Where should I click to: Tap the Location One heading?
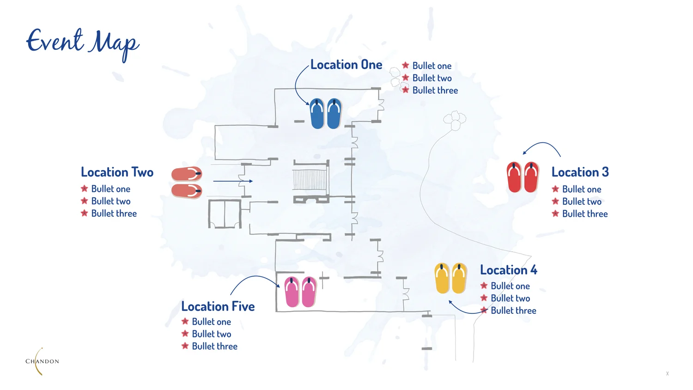click(346, 65)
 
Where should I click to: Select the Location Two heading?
click(117, 172)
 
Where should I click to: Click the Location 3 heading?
click(580, 172)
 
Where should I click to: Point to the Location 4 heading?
click(508, 270)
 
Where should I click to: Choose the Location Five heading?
click(218, 306)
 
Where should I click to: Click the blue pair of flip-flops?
click(325, 114)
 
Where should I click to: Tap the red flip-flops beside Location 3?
click(523, 177)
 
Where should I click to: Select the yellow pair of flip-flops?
click(450, 278)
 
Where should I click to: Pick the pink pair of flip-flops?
click(300, 292)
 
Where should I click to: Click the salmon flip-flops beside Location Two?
click(187, 183)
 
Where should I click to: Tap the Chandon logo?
click(42, 361)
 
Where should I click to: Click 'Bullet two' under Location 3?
click(582, 201)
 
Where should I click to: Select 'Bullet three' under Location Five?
click(214, 347)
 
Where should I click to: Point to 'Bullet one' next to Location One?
click(432, 66)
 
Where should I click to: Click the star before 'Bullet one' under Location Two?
click(84, 189)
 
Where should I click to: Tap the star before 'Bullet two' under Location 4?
click(484, 298)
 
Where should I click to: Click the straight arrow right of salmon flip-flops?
click(233, 181)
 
